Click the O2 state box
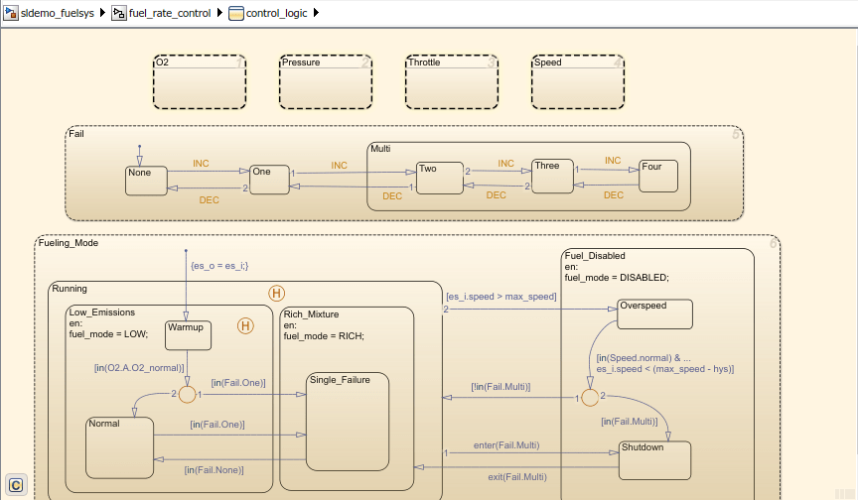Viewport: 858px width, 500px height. tap(200, 81)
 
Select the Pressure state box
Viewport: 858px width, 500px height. tap(326, 81)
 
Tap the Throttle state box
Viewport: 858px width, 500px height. tap(452, 81)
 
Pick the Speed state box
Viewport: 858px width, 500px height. tap(578, 81)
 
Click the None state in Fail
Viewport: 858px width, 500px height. tap(146, 181)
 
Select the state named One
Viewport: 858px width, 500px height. tap(268, 180)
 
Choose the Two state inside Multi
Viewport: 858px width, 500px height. tap(440, 178)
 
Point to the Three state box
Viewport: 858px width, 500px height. tap(552, 176)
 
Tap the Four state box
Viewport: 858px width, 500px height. tap(657, 176)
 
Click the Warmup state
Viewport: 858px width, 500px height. tap(188, 335)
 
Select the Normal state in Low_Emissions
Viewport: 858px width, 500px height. tap(119, 446)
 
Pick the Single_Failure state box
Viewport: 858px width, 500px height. tap(346, 422)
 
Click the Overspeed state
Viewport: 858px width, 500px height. tap(654, 313)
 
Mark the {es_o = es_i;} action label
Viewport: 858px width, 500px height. tap(219, 266)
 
